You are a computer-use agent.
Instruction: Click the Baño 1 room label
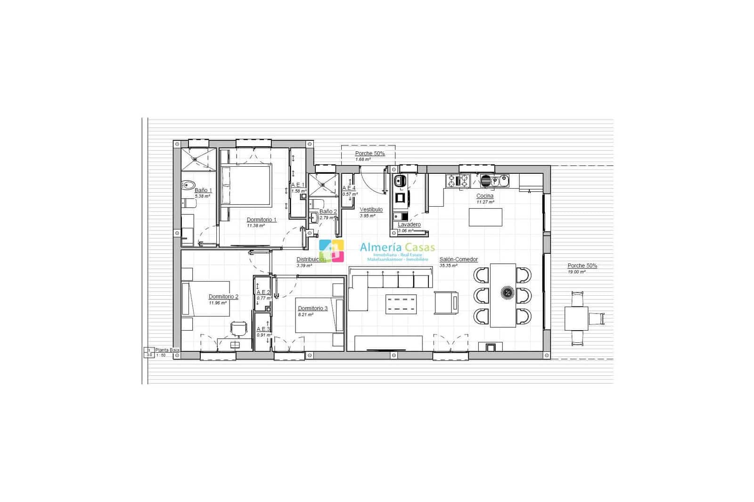[203, 190]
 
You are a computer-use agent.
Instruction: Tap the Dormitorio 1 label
[262, 219]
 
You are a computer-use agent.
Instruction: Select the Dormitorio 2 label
[223, 297]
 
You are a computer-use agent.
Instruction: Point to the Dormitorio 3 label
[312, 308]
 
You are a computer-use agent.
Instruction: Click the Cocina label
[485, 196]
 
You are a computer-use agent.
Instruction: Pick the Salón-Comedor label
[459, 259]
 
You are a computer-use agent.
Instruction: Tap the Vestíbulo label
[371, 210]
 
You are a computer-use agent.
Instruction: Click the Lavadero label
[409, 225]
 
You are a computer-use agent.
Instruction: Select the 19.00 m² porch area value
[576, 272]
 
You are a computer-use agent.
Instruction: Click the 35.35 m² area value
[448, 266]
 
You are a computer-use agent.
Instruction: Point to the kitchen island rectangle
[485, 217]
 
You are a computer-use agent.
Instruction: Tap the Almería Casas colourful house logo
[331, 251]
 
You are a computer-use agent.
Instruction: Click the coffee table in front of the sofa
[401, 304]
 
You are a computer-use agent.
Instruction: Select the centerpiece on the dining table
[508, 293]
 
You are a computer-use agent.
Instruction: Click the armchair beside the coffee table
[446, 302]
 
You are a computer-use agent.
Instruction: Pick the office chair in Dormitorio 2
[238, 328]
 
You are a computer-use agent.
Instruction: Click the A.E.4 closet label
[349, 188]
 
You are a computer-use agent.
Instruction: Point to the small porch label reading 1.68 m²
[363, 159]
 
